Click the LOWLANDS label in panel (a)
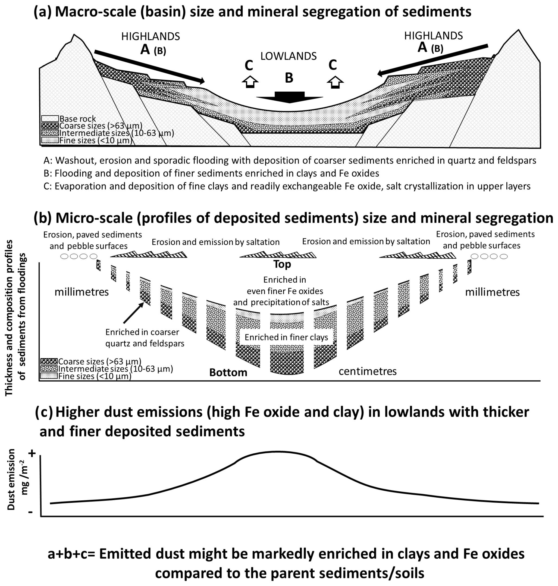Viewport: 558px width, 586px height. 288,56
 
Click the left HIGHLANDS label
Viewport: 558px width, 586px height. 151,37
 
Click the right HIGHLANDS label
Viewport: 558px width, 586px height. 433,36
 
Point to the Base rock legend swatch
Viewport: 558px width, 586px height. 50,119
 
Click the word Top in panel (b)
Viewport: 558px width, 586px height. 282,264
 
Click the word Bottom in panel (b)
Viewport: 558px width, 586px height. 228,372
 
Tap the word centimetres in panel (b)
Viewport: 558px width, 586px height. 367,371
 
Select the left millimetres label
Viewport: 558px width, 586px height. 81,292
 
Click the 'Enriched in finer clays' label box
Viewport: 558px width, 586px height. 286,337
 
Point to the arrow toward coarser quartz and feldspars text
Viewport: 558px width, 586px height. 133,313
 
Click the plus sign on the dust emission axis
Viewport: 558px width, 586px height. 32,454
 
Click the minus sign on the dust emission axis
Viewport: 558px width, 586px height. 30,512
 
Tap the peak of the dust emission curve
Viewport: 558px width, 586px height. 277,452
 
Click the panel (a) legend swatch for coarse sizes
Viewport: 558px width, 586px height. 50,126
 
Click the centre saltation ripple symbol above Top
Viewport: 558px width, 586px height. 278,255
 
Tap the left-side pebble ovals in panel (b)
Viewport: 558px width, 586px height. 79,256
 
